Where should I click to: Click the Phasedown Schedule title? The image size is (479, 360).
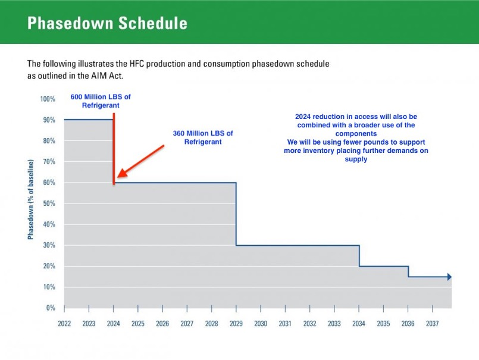point(107,23)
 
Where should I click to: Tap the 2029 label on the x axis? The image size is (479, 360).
point(236,324)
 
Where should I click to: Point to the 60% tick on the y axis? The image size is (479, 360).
point(49,183)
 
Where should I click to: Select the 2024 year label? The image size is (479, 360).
point(113,324)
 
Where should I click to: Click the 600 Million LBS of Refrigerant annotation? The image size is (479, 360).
point(101,101)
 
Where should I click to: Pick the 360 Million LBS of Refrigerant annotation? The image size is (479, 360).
point(203,137)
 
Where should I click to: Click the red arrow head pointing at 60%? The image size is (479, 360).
point(122,173)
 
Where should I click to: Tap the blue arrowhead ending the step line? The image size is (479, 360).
point(449,277)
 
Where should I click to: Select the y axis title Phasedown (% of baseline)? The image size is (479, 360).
point(30,199)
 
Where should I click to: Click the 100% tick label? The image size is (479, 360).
point(48,99)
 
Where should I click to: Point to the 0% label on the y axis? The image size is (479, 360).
point(51,308)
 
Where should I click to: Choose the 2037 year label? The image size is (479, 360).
point(432,324)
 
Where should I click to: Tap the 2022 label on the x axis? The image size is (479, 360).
point(64,324)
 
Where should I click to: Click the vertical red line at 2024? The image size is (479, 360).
point(114,149)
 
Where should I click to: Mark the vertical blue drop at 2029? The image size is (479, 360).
point(236,214)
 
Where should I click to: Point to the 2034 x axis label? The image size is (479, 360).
point(359,324)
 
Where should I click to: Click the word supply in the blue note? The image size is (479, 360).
point(356,159)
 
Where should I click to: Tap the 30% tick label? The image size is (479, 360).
point(49,245)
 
